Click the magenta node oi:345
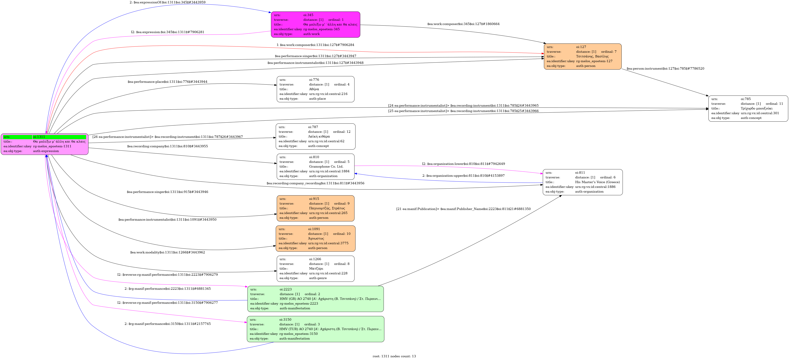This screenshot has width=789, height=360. point(315,24)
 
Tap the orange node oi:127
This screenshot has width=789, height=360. point(583,56)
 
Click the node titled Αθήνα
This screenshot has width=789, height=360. point(315,89)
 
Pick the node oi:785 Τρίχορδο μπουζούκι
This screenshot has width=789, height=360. point(748,108)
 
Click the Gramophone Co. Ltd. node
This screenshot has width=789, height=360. point(315,167)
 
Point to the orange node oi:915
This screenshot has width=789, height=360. point(315,208)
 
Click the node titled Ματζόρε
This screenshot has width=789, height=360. point(315,268)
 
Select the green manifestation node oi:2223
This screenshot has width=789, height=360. point(315,299)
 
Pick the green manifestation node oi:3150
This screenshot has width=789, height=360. point(315,329)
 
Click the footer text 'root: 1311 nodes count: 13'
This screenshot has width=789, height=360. point(394,356)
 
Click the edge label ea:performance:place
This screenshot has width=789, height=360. point(167,82)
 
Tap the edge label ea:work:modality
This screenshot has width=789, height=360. point(167,252)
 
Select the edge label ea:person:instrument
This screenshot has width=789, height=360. point(665,69)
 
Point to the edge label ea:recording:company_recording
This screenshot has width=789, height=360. point(315,183)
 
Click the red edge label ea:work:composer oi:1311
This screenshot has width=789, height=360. point(315,45)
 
